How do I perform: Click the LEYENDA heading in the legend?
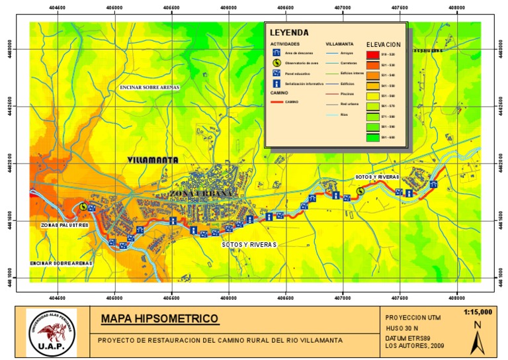click(289, 31)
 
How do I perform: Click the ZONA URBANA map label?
click(202, 193)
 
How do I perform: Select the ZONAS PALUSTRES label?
click(65, 226)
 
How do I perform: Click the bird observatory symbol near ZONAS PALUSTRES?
click(83, 206)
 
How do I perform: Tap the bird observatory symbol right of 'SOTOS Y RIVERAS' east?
click(360, 191)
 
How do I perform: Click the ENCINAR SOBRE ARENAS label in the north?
click(149, 87)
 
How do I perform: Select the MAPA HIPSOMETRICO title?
click(159, 320)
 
